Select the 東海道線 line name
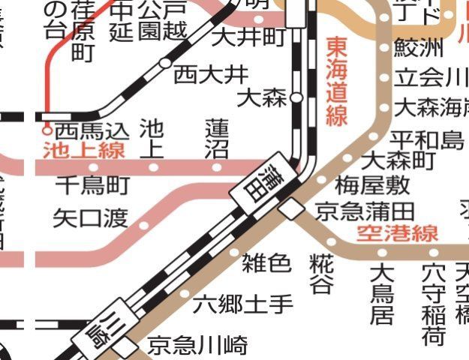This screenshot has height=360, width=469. point(337,82)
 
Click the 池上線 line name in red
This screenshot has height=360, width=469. point(83,150)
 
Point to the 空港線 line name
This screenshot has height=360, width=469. point(397,233)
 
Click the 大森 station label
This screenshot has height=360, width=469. point(262,98)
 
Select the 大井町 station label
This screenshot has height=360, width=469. point(248,36)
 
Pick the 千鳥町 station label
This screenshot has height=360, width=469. point(92,184)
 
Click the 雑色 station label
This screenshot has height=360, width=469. point(266,262)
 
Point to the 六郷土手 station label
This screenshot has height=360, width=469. point(243,305)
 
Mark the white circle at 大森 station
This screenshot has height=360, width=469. point(296,97)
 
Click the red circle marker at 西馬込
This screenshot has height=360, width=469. point(47,128)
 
